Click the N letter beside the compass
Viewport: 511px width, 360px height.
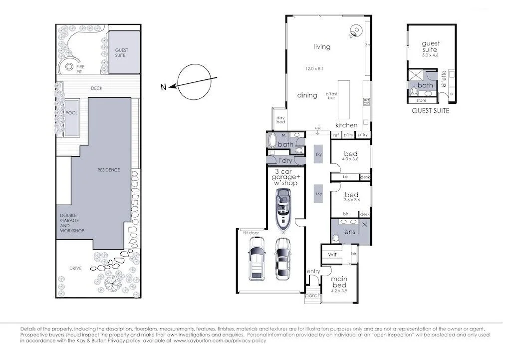coord(163,88)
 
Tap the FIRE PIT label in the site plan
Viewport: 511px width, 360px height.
coord(80,68)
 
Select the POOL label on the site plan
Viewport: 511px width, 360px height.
coord(72,113)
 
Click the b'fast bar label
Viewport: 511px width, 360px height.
coord(331,95)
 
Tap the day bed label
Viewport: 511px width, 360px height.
coord(280,120)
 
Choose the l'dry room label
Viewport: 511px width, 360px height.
coord(284,160)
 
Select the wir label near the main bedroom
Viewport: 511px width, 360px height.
coord(333,254)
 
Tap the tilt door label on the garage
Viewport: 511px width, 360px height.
coord(250,232)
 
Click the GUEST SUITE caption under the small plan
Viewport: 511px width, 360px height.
coord(430,111)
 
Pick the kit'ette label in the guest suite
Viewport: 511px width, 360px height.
coord(444,79)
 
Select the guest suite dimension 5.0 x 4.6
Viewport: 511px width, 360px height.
coord(430,55)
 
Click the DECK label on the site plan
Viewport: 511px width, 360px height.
coord(97,88)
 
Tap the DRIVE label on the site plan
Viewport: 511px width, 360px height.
coord(76,268)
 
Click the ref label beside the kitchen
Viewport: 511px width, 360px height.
coord(335,135)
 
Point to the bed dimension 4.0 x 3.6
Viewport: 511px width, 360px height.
coord(351,159)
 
